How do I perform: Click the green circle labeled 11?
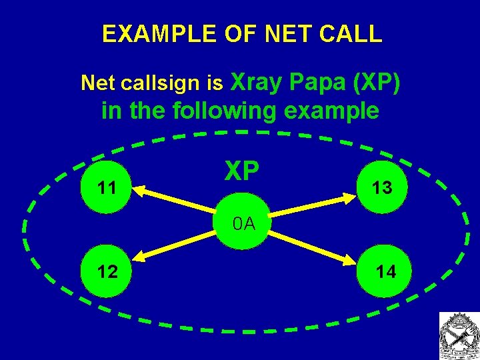[x=105, y=189]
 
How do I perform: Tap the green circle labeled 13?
[x=381, y=189]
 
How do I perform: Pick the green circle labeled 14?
[x=385, y=271]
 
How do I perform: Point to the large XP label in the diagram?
[x=241, y=171]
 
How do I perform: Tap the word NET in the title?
[x=282, y=34]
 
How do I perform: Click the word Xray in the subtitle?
[x=257, y=81]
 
